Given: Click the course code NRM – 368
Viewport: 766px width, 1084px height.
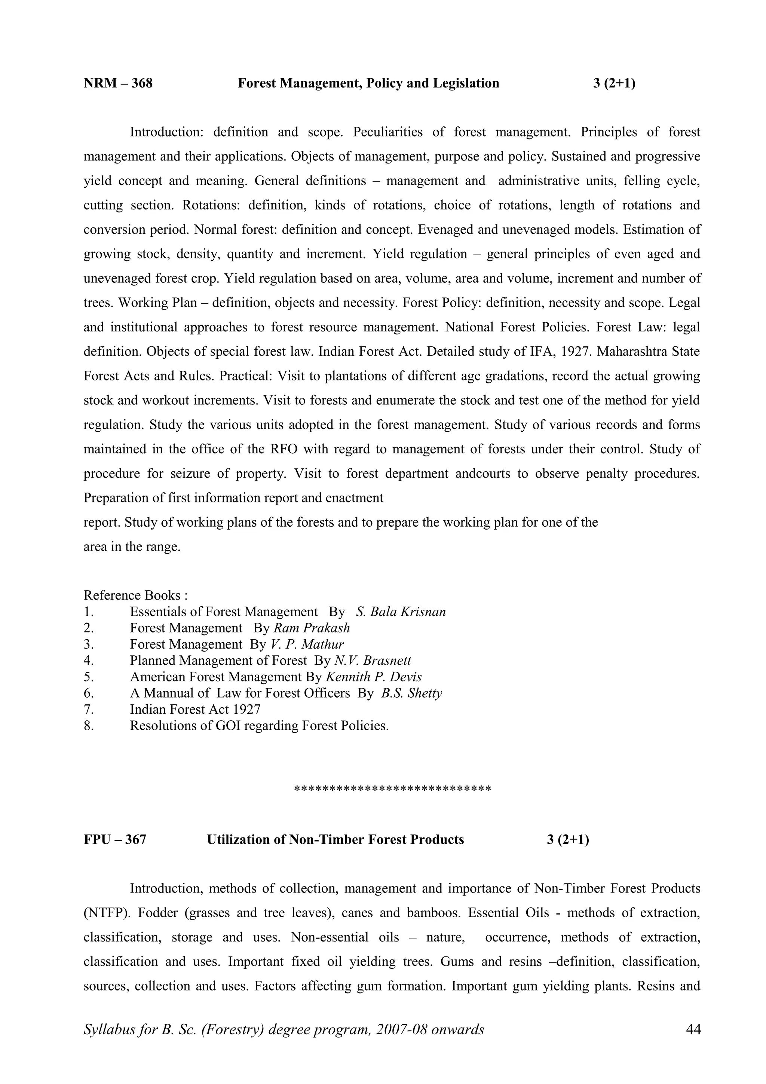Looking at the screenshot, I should [x=118, y=83].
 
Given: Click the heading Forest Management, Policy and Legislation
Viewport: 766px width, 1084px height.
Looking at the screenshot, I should [x=368, y=83].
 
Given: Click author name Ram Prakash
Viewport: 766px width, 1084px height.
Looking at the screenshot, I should [x=312, y=628].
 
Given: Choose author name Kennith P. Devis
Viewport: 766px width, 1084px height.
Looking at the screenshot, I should [x=373, y=677].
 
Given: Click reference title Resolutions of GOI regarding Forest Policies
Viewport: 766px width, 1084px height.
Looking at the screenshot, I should [x=259, y=726].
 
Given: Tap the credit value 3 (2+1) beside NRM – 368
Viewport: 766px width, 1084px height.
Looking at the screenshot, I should [x=613, y=83].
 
